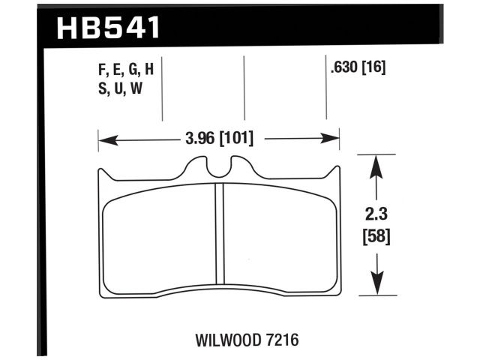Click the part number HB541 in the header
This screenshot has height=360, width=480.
coord(109,28)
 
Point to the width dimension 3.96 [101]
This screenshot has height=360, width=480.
coord(218,139)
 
